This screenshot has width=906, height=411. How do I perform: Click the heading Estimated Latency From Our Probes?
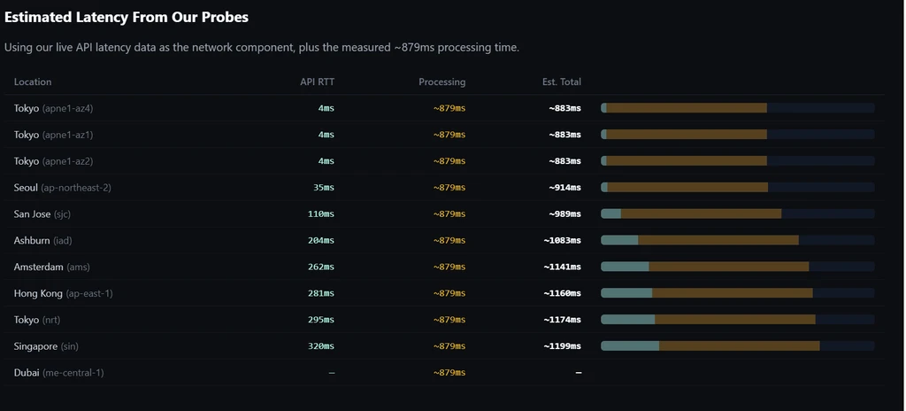(127, 18)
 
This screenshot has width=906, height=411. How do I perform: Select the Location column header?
(33, 81)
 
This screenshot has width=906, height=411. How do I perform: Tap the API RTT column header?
(318, 81)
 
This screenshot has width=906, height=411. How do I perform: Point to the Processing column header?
(442, 82)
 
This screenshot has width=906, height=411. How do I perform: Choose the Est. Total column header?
(562, 81)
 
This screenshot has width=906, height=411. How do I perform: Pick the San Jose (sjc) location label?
(42, 214)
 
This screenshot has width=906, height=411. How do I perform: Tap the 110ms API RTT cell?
(321, 214)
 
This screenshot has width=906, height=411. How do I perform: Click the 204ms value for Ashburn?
(321, 240)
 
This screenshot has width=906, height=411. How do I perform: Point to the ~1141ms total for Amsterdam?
(562, 267)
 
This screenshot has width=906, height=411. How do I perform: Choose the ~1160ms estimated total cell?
(562, 293)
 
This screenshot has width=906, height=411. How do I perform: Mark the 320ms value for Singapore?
(321, 346)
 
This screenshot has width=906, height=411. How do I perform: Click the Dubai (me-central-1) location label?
(59, 373)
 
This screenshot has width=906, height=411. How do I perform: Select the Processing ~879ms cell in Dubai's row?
(449, 373)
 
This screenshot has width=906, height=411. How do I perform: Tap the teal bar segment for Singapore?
(630, 346)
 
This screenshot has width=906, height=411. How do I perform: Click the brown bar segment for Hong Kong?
(733, 293)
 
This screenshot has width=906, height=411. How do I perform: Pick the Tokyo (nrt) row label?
(37, 320)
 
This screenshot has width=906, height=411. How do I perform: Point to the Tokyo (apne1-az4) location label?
(53, 108)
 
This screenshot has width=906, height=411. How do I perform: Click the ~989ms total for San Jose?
(565, 214)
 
